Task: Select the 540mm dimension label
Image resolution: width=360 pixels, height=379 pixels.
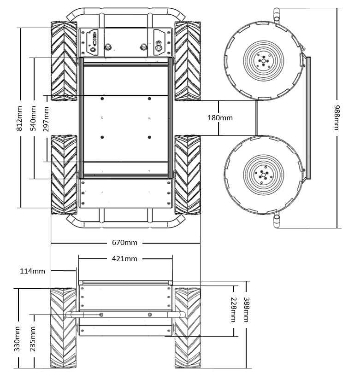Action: tap(34, 118)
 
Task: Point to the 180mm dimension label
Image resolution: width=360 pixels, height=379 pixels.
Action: tap(220, 117)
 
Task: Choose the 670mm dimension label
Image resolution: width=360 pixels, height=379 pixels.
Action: tap(125, 243)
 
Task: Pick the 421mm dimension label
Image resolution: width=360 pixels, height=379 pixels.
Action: tap(124, 259)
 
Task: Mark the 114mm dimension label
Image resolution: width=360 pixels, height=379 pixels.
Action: tap(33, 271)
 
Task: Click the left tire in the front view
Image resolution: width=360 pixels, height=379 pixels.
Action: tap(63, 328)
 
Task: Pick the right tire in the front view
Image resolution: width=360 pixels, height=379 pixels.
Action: tap(188, 328)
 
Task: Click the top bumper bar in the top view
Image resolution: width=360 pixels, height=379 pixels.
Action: tap(125, 10)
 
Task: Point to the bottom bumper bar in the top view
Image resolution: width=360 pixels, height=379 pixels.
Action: tap(125, 225)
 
